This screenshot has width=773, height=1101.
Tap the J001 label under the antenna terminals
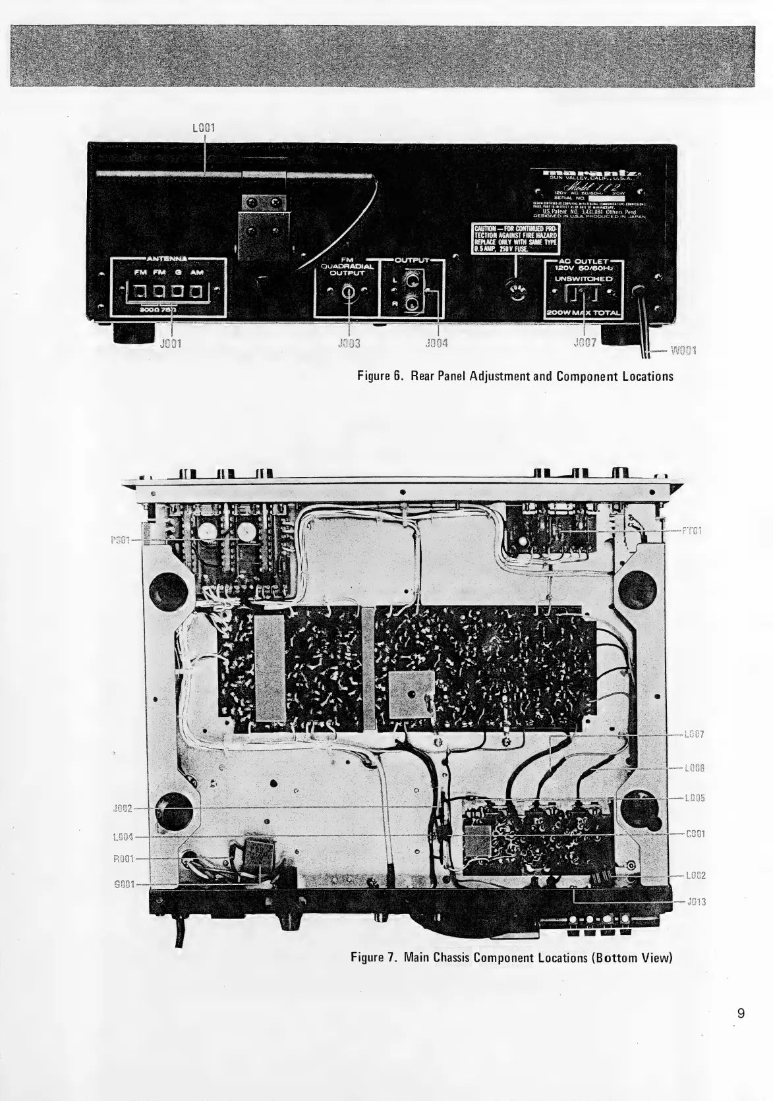pos(172,343)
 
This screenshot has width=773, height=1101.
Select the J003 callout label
pos(347,343)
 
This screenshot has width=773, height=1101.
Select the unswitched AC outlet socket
pos(583,295)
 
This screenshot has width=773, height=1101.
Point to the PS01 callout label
pos(121,539)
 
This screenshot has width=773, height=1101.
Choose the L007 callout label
pos(695,734)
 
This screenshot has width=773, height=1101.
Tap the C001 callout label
pos(695,833)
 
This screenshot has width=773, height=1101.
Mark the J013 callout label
pos(696,902)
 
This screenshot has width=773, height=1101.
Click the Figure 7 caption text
pos(511,957)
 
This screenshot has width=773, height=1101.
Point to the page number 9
pos(741,1013)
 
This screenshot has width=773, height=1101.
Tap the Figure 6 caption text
pos(515,377)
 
